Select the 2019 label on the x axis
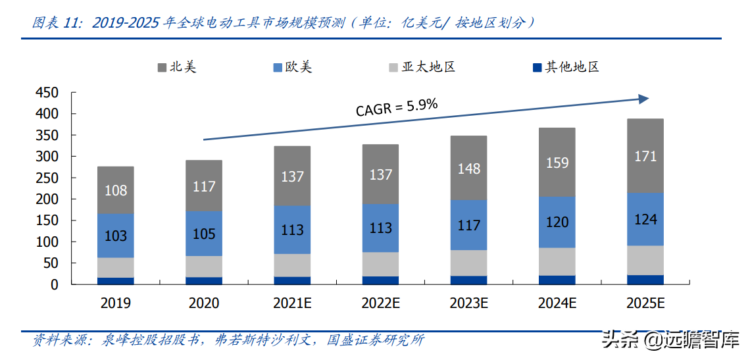116,303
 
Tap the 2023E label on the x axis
468,303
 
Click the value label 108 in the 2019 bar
116,191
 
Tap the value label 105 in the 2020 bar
204,234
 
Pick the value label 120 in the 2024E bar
557,222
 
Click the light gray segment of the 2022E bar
380,264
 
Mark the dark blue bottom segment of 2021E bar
292,280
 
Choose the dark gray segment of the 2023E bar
468,167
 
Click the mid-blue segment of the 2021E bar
292,230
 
